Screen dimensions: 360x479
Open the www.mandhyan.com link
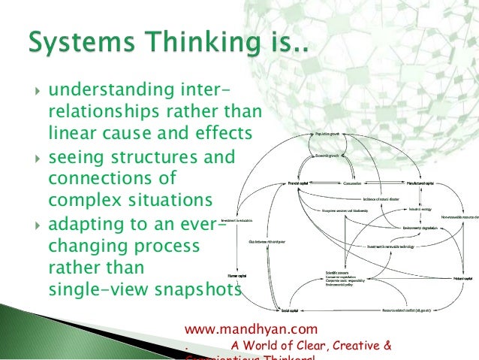coord(251,328)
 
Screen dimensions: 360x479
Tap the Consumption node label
coord(353,183)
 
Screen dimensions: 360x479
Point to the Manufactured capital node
coord(421,183)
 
